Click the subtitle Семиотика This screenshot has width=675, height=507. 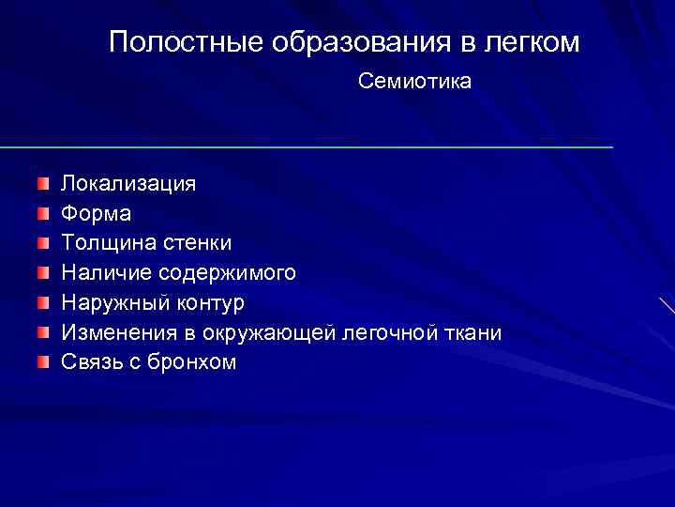point(414,83)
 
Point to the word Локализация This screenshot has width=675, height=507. point(128,183)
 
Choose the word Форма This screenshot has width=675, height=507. point(97,213)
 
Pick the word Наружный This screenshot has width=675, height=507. point(110,303)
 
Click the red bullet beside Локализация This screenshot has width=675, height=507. point(44,182)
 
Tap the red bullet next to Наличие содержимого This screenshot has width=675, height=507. point(44,272)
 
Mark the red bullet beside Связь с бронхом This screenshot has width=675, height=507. point(44,362)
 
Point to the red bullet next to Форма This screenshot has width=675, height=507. point(44,212)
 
